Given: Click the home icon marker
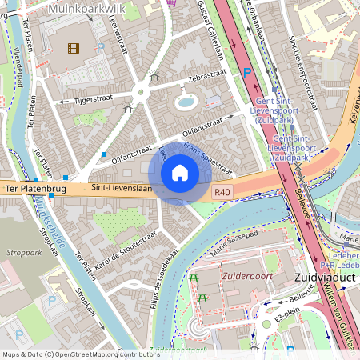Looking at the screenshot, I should point(180,173).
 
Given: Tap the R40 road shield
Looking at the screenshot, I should point(222,192).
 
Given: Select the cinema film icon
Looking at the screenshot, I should point(74,48).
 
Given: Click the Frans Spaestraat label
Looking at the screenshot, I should point(207,159).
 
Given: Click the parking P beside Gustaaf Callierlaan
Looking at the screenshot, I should point(246,73).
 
